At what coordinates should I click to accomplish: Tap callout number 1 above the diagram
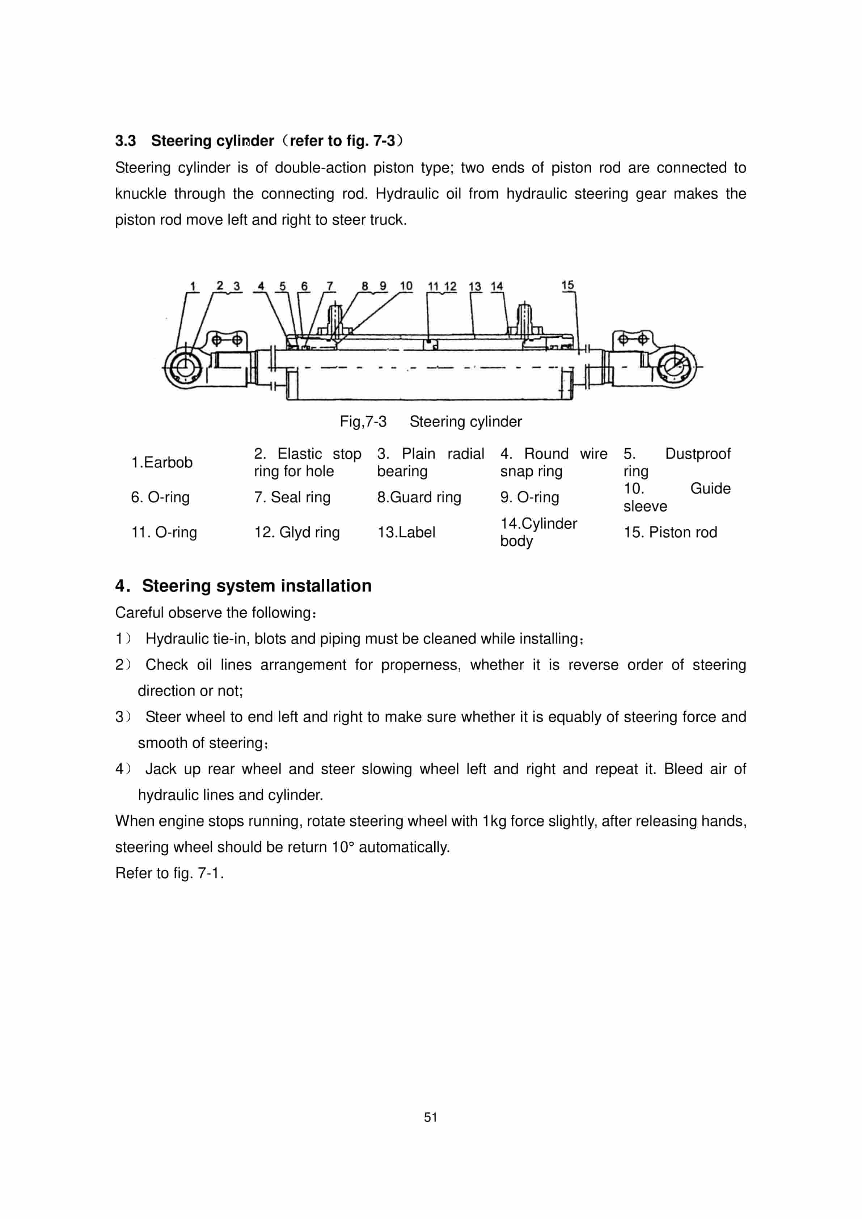point(193,286)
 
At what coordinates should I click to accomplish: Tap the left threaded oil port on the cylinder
point(336,318)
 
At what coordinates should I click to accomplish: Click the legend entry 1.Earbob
point(161,462)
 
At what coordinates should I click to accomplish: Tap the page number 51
point(430,1117)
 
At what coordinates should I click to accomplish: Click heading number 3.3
point(125,141)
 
